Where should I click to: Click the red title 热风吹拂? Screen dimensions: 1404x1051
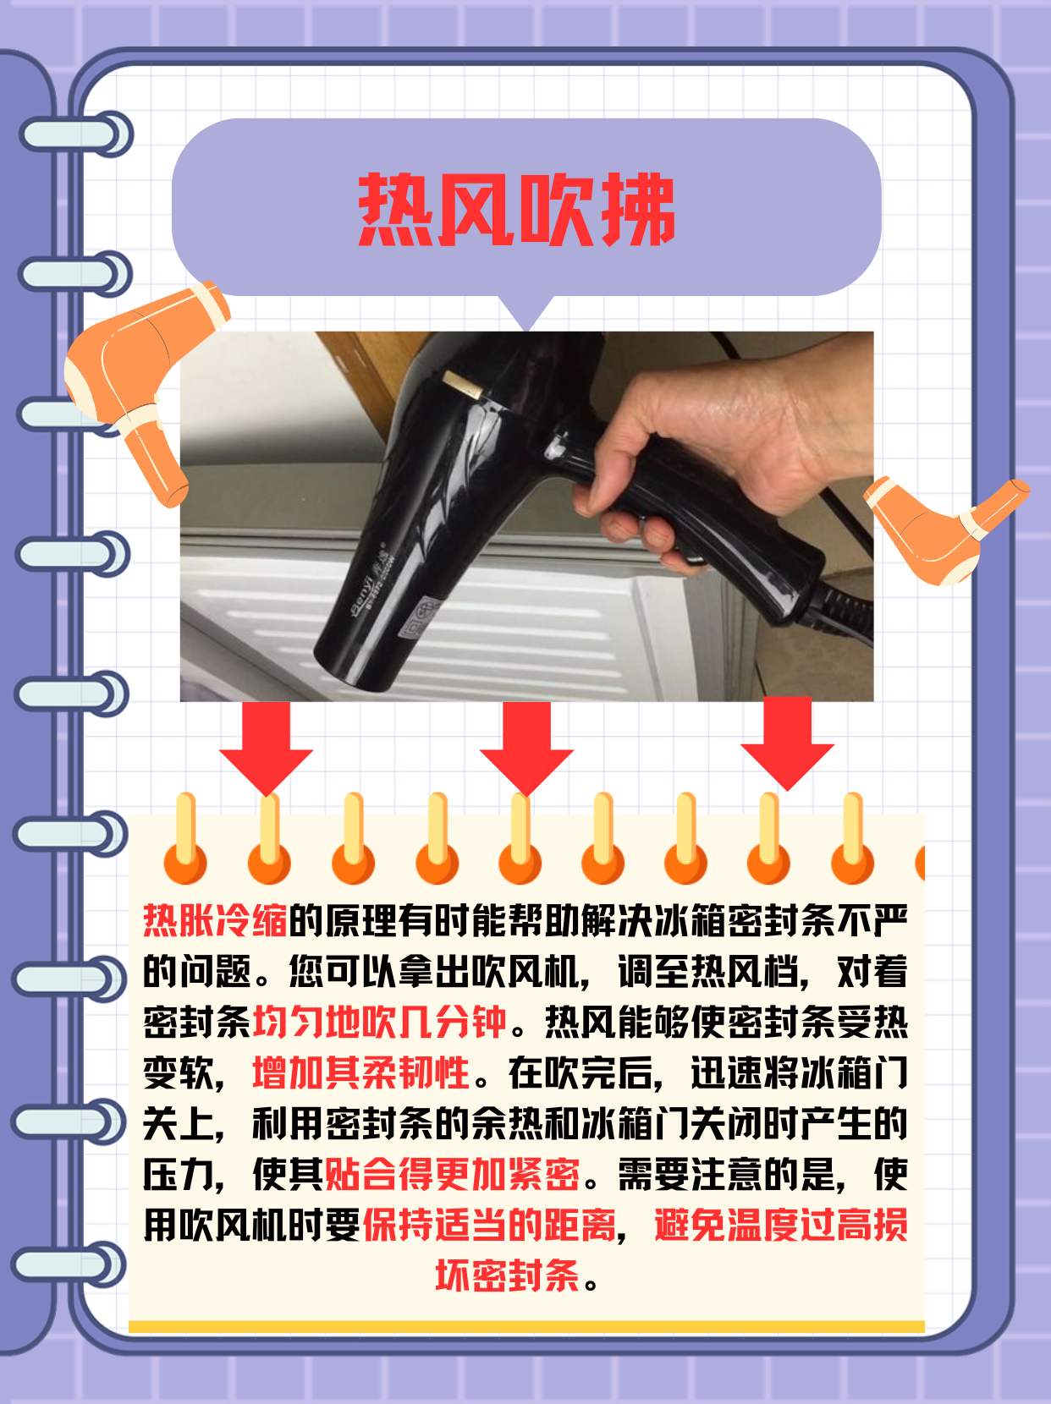[516, 210]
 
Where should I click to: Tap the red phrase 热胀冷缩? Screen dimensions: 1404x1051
[215, 920]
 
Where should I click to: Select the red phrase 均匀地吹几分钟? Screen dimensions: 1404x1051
[379, 1022]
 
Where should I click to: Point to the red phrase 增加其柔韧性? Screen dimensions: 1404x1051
[360, 1073]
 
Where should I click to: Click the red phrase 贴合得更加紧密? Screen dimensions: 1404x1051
[453, 1174]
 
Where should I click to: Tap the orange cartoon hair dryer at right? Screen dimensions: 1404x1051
[939, 529]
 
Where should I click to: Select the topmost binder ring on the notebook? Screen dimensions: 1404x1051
[76, 135]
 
